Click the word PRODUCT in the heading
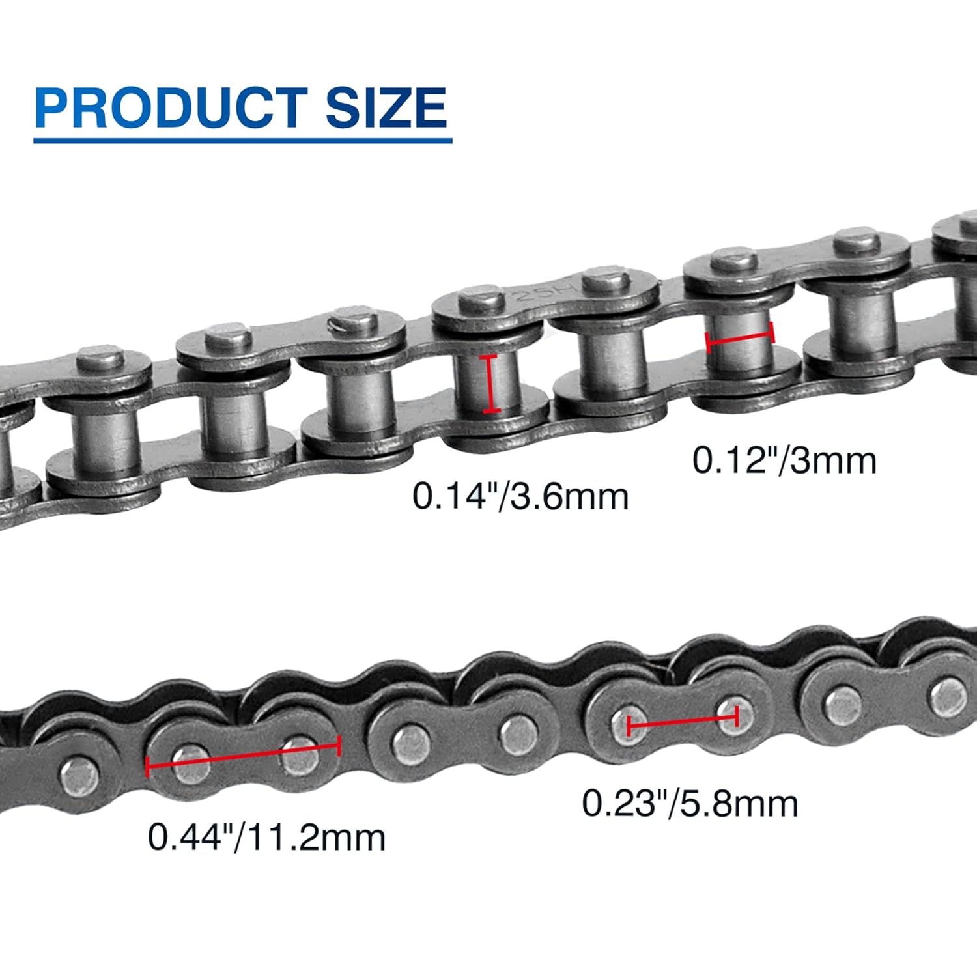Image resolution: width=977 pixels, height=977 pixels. pyautogui.click(x=171, y=107)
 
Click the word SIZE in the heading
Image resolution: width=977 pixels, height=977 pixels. pyautogui.click(x=386, y=107)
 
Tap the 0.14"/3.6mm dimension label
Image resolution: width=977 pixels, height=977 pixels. pyautogui.click(x=520, y=497)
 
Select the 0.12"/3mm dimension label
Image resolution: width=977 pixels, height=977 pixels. pyautogui.click(x=784, y=460)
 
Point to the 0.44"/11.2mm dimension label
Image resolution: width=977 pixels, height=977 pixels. pyautogui.click(x=266, y=838)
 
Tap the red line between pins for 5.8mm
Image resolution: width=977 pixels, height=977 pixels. pyautogui.click(x=682, y=720)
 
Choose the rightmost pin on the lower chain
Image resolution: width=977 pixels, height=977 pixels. pyautogui.click(x=948, y=694)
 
